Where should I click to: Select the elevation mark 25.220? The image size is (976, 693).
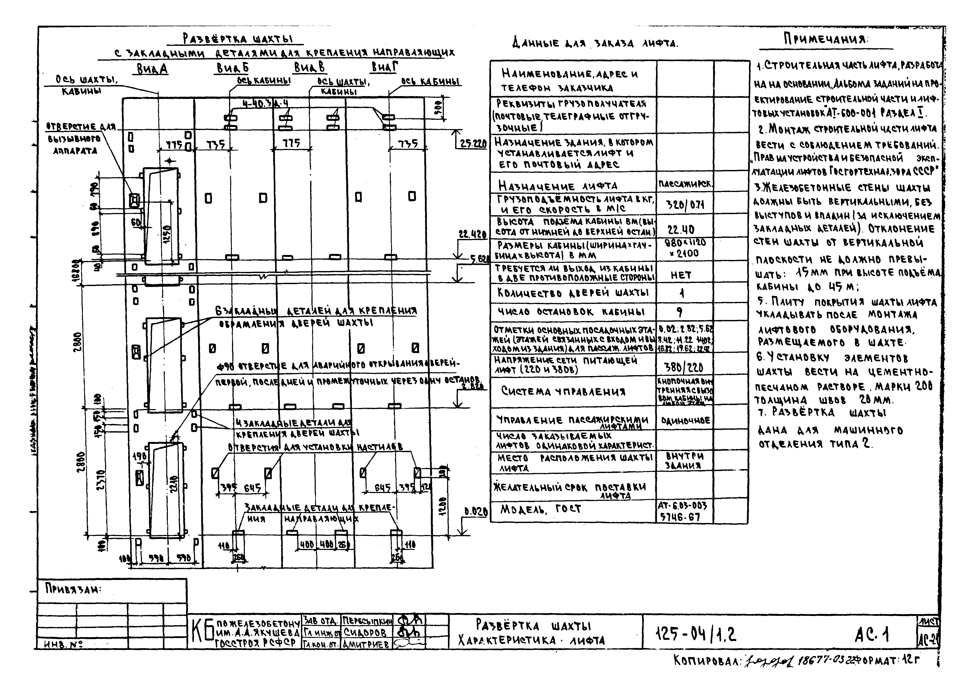click(473, 144)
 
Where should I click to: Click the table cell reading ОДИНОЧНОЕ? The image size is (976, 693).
click(685, 420)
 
